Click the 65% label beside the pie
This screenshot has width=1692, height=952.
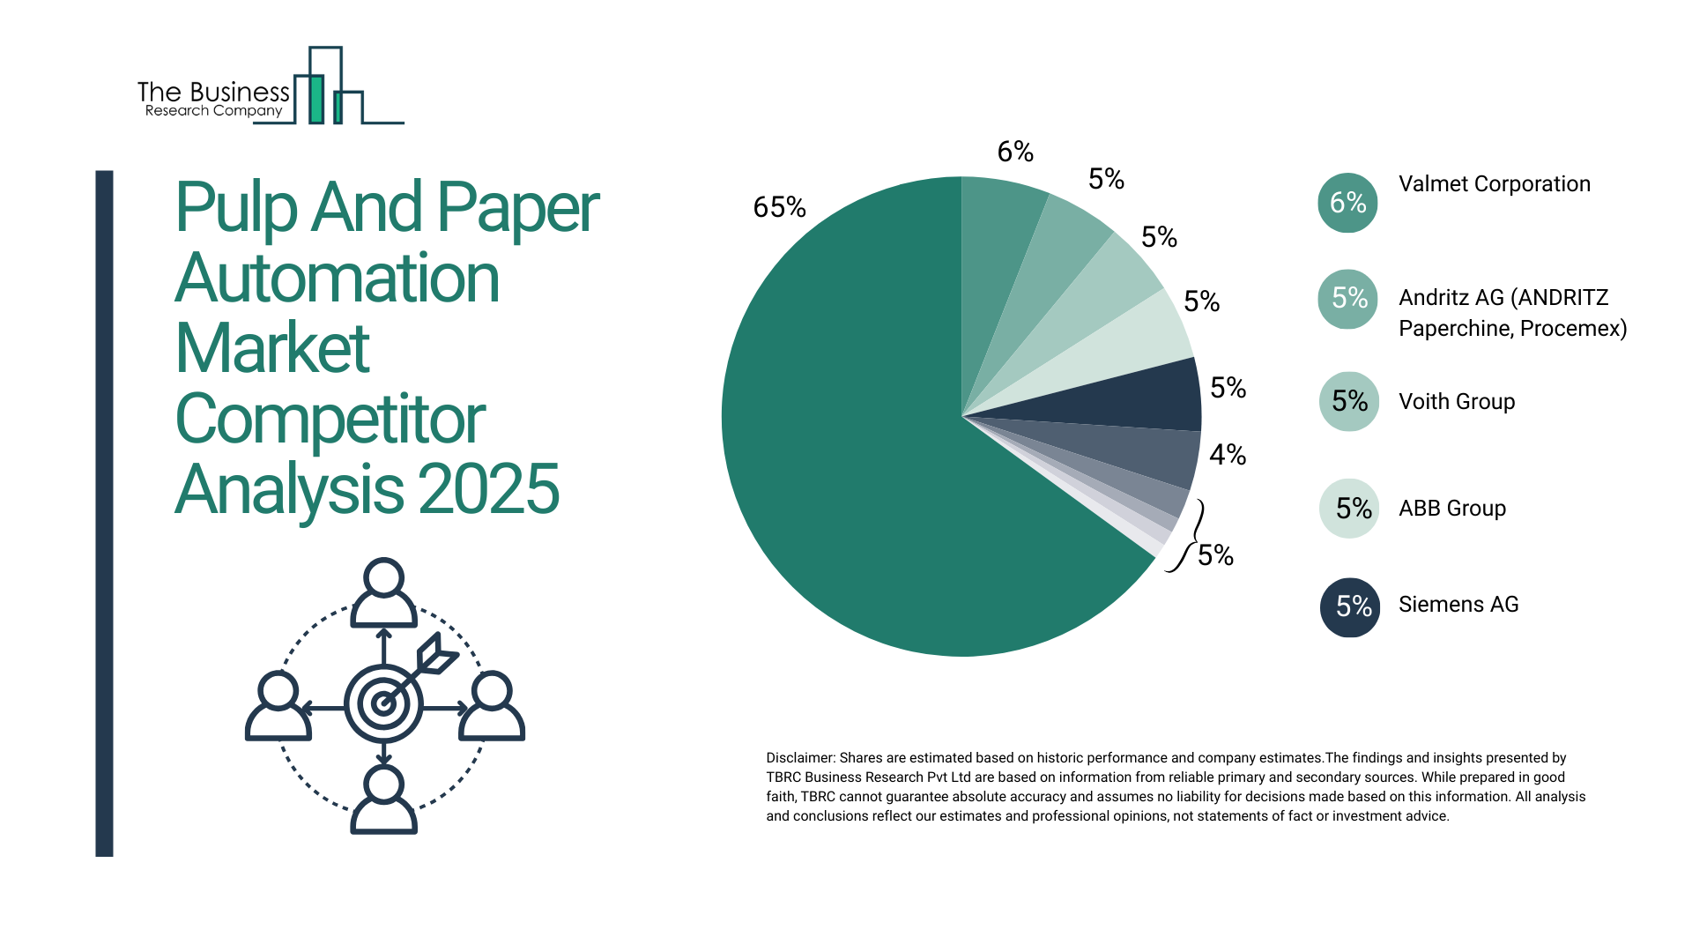[779, 207]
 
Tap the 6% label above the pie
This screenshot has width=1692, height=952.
[1015, 152]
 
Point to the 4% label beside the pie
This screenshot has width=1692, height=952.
[1228, 455]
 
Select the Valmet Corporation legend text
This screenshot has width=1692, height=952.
[1495, 184]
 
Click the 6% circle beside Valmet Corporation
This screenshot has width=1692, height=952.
[1347, 203]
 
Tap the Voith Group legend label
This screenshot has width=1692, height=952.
[1457, 402]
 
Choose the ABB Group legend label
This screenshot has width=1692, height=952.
[1452, 509]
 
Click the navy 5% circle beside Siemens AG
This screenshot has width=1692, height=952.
[1350, 606]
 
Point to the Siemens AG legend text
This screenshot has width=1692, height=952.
[1458, 605]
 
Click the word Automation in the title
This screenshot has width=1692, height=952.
[338, 279]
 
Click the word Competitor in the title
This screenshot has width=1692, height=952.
[330, 420]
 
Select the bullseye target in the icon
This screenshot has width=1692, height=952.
[383, 703]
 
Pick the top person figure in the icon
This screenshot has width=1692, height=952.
[383, 592]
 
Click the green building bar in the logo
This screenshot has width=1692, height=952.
[315, 99]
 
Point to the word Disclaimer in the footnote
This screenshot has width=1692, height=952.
[799, 758]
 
